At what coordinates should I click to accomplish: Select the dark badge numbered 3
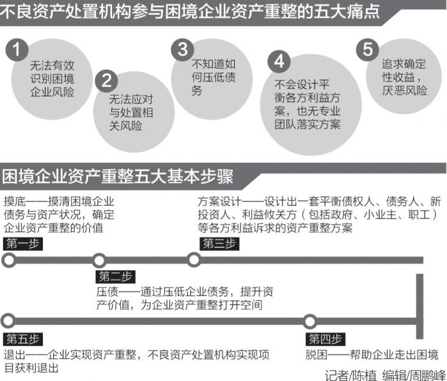[185, 49]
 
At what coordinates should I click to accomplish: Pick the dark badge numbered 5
[367, 49]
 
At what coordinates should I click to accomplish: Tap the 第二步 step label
[116, 277]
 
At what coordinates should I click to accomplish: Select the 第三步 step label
[219, 244]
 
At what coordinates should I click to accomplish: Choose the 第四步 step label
[325, 339]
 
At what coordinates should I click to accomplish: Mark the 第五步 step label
[24, 339]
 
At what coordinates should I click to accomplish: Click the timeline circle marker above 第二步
[99, 260]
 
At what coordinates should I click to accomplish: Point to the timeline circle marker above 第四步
[310, 321]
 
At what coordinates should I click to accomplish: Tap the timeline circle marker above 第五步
[9, 321]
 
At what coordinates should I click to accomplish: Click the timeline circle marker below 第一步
[9, 260]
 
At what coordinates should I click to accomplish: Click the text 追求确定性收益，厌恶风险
[404, 77]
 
